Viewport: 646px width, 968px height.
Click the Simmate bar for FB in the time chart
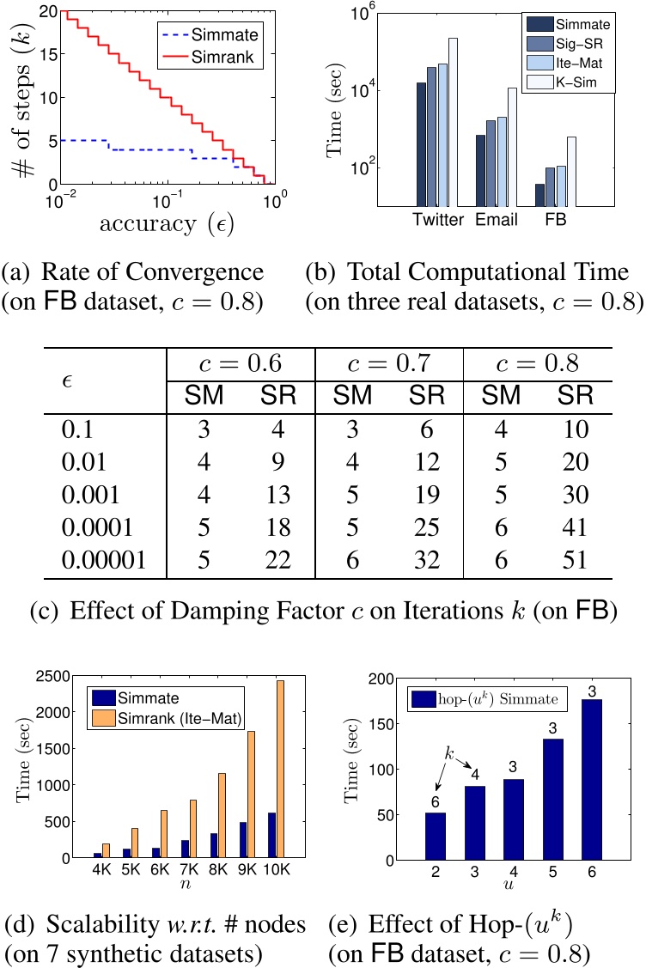pos(540,195)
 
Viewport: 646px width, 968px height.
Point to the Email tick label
pos(497,220)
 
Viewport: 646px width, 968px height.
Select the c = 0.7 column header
pos(388,361)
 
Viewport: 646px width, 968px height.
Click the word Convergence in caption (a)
pos(220,273)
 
